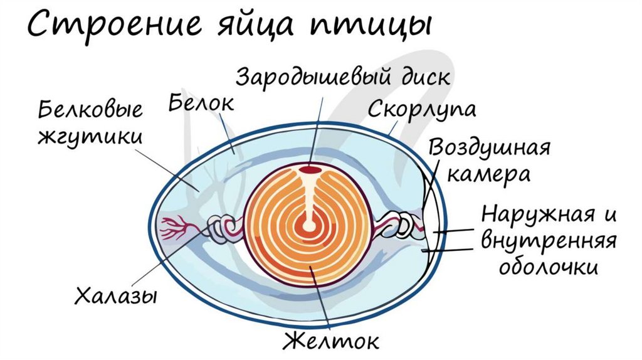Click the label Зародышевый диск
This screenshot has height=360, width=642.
343,78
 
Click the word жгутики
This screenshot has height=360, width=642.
90,138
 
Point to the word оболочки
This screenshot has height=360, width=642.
547,267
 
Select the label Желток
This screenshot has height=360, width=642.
331,342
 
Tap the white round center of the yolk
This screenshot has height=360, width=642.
309,226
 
